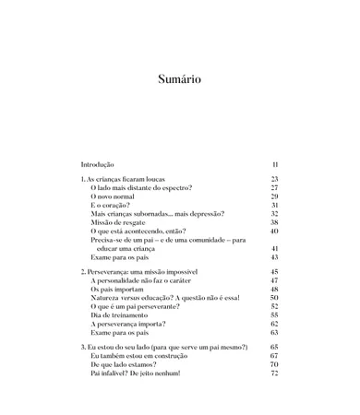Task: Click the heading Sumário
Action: click(179, 79)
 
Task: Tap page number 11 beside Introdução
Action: click(275, 164)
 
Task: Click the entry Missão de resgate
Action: click(121, 222)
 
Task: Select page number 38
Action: click(274, 222)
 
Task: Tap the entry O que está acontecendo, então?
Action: click(138, 231)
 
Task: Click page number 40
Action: click(274, 231)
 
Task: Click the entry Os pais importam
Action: click(120, 290)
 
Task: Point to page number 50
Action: click(274, 298)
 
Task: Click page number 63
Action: click(274, 333)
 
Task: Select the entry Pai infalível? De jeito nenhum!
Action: click(136, 373)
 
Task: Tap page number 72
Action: click(274, 373)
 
